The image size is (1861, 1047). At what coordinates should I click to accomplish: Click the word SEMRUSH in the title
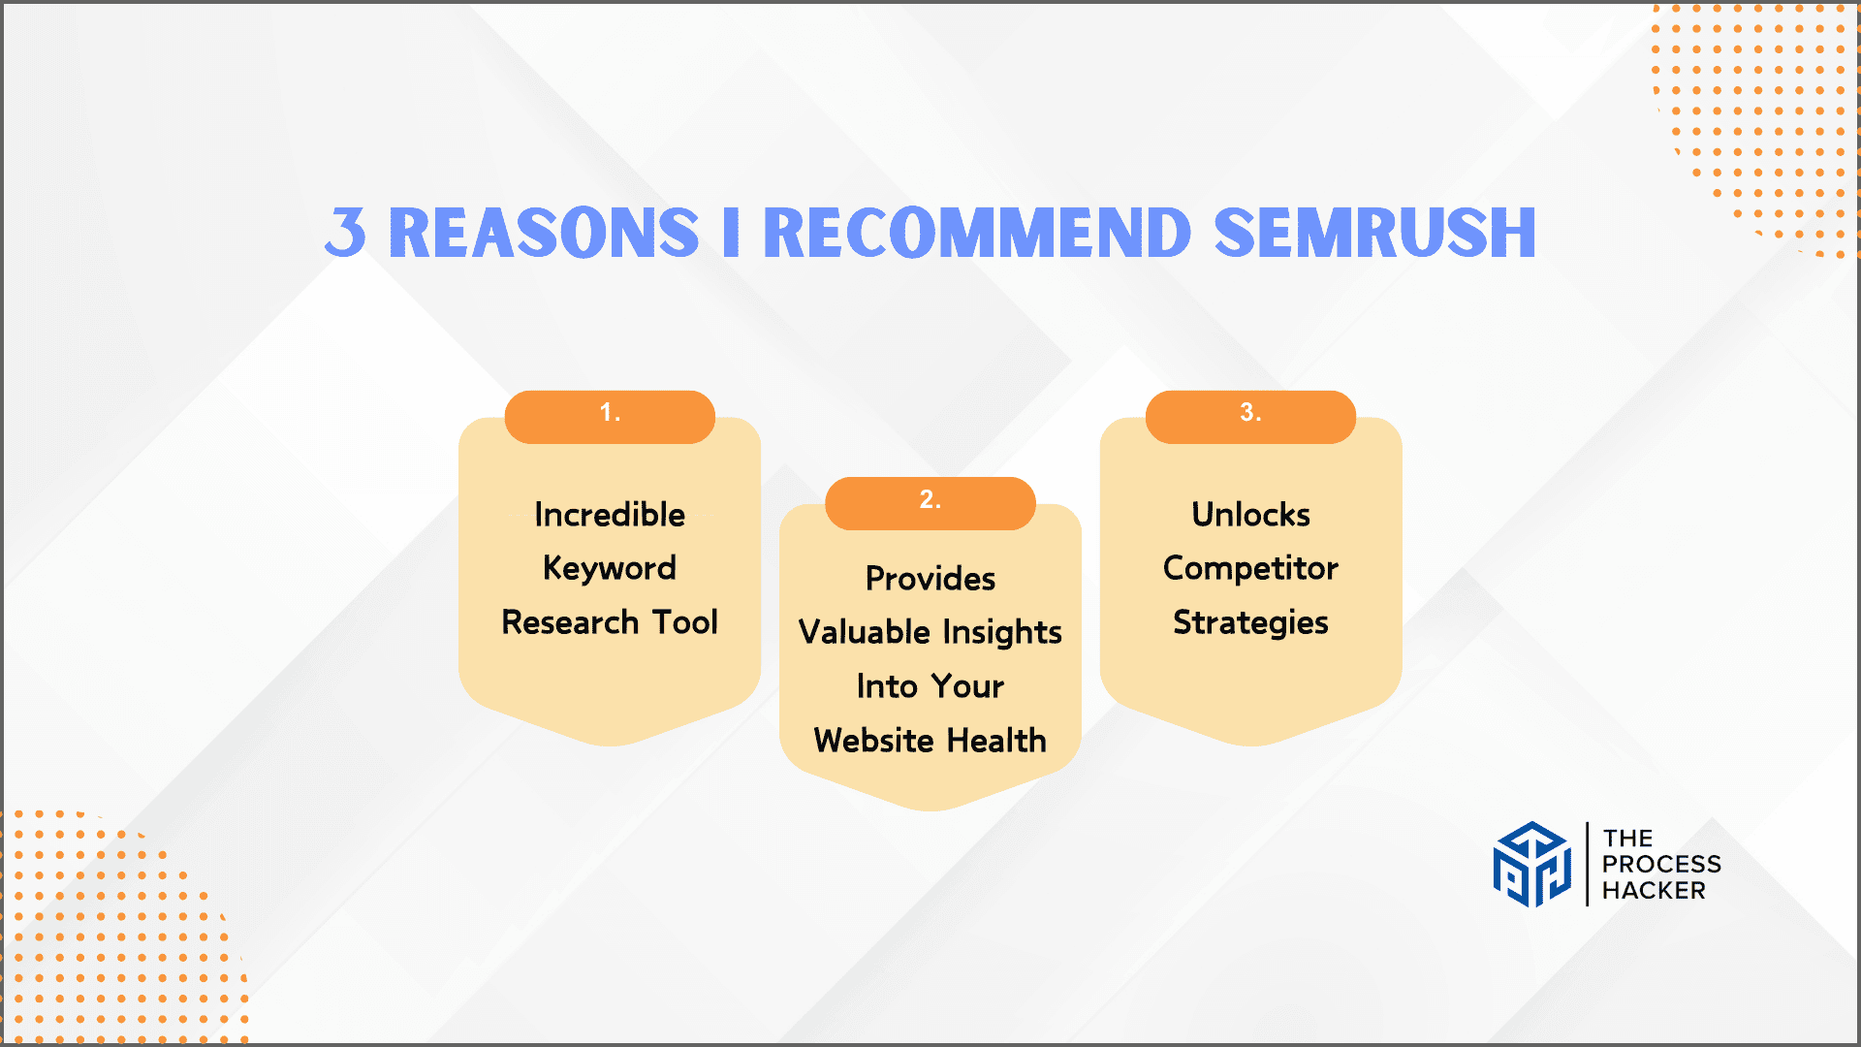(x=1374, y=233)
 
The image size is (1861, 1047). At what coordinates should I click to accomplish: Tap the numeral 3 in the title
(x=346, y=233)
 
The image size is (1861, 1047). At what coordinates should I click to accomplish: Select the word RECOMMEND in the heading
(x=977, y=233)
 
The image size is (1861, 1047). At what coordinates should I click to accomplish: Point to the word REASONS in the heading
(x=544, y=233)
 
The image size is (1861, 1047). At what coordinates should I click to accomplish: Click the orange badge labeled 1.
(x=610, y=417)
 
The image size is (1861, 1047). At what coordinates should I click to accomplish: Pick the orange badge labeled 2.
(x=930, y=503)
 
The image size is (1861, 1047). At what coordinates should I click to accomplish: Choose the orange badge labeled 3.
(x=1250, y=417)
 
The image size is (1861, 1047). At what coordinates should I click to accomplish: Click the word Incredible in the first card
(x=610, y=515)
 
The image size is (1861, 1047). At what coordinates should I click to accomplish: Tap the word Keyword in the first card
(x=610, y=569)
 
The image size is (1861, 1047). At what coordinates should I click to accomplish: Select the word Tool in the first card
(x=685, y=622)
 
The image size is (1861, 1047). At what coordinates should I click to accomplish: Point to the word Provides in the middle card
(x=930, y=579)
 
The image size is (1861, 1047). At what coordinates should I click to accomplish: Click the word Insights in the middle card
(x=1002, y=633)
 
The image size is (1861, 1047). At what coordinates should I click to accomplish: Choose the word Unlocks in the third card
(x=1250, y=515)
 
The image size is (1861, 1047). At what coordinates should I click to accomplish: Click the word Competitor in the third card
(x=1250, y=569)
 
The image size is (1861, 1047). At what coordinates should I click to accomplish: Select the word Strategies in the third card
(x=1250, y=623)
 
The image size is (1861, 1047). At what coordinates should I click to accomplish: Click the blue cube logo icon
(x=1531, y=865)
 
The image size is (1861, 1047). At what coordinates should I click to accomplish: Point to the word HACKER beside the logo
(x=1654, y=891)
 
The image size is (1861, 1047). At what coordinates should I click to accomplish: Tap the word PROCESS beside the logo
(x=1661, y=865)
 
